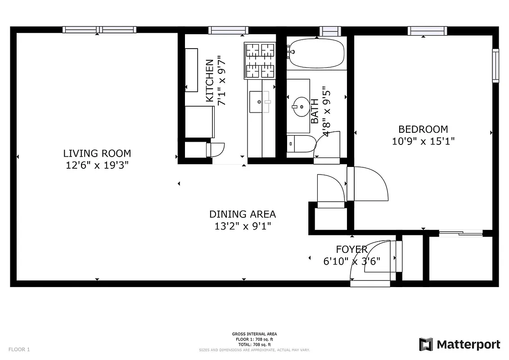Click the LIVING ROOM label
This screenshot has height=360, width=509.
pos(97,153)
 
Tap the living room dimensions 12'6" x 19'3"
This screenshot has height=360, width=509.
pos(97,165)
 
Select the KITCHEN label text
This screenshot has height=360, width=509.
pos(209,81)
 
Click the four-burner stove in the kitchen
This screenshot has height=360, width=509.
pos(260,60)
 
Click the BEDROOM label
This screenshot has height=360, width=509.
pos(423,130)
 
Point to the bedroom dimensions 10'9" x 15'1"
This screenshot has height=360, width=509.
pos(423,141)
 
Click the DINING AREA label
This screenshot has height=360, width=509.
pos(243,214)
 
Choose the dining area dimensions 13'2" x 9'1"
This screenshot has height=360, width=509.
pos(243,226)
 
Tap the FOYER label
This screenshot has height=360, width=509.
pos(351,249)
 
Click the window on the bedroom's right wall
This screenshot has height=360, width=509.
pos(495,65)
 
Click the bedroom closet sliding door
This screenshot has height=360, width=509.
pos(460,233)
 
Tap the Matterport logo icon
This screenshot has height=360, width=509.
pos(426,345)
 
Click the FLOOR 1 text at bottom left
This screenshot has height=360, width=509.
pos(19,349)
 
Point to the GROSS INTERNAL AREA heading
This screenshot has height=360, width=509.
pos(254,334)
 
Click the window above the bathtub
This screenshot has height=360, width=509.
pos(330,31)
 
